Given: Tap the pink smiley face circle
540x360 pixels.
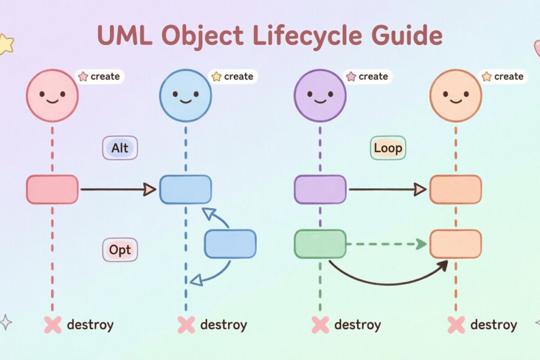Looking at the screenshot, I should (52, 95).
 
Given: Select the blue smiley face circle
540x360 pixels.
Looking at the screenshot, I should (185, 95).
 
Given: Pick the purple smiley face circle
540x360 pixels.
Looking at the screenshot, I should (320, 95).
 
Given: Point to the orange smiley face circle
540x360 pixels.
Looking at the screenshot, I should (455, 95).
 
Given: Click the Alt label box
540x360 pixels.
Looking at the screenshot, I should (120, 148).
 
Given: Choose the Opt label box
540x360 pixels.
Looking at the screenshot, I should (120, 249).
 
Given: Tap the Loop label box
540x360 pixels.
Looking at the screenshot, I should (387, 148).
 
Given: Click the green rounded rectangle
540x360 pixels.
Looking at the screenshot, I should (320, 244).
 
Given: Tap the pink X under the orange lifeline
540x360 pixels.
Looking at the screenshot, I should (456, 324).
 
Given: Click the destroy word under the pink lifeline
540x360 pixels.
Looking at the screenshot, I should (90, 324).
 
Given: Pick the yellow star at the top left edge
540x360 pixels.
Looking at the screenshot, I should (5, 44).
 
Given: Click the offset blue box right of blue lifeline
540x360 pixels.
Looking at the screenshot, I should (230, 244).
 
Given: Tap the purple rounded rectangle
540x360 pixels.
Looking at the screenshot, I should (320, 189).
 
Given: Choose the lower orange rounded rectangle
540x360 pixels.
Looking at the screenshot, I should (455, 244).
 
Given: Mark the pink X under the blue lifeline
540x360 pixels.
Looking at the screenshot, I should (186, 324).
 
